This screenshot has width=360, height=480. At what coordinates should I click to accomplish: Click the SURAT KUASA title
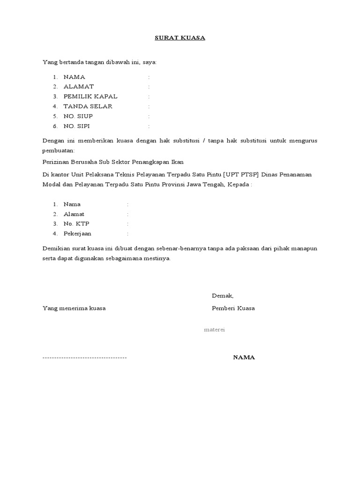pos(180,38)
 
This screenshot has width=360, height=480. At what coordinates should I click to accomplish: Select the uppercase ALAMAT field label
pos(79,87)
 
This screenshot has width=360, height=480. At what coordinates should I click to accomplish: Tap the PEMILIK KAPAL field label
pos(90,97)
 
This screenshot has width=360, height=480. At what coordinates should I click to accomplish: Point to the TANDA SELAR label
pos(88,106)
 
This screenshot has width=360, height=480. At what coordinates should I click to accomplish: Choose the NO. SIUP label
pos(78,116)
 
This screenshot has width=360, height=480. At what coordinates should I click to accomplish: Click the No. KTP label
pos(76,224)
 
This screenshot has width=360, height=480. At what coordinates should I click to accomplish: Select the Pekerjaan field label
pos(78,233)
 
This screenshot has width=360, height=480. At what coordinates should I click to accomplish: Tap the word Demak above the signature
pos(222,296)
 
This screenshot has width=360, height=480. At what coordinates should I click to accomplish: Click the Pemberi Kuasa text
pos(233,308)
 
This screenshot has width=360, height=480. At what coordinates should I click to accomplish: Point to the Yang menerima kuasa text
pos(74,308)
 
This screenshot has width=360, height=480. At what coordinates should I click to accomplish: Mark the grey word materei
pos(215,330)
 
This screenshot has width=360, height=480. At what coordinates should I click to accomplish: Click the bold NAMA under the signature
pos(244,358)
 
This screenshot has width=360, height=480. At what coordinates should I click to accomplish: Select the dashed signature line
pos(84,358)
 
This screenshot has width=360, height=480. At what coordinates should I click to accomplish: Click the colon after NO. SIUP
pos(149,116)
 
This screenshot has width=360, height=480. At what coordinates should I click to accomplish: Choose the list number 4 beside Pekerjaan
pos(55,233)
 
